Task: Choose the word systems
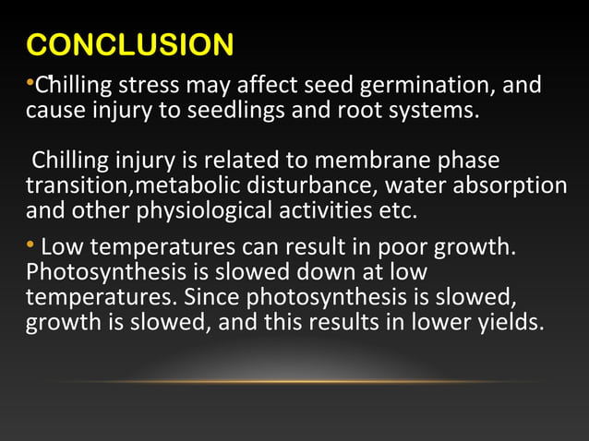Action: tap(439, 112)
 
